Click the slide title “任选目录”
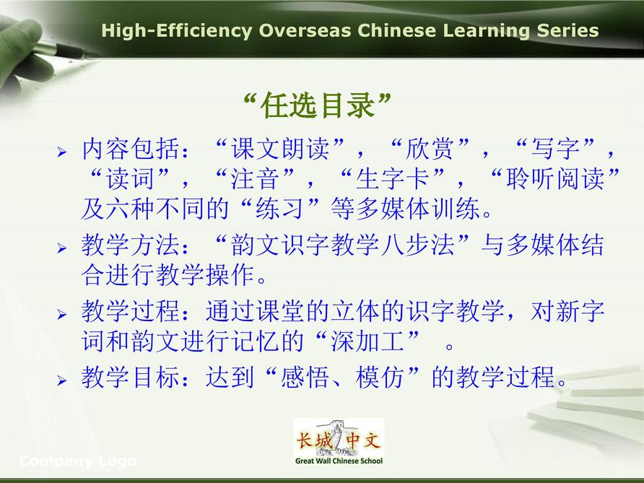[x=317, y=105]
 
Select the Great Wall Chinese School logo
[x=339, y=442]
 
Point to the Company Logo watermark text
[x=78, y=461]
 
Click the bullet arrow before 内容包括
[x=62, y=152]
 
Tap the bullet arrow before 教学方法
[x=62, y=248]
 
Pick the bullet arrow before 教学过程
[x=62, y=315]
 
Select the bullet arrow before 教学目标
[x=62, y=380]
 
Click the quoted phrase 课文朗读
[x=279, y=148]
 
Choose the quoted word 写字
[x=555, y=148]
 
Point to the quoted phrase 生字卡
[x=393, y=178]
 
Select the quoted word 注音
[x=255, y=178]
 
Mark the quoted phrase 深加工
[x=367, y=341]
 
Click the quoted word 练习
[x=279, y=209]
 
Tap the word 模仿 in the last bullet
[x=380, y=377]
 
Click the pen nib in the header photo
[x=87, y=53]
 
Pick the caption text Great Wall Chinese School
[x=339, y=461]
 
